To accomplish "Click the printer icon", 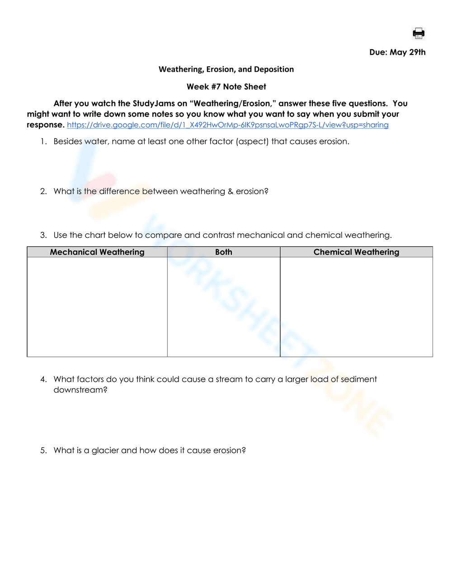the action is (x=419, y=33).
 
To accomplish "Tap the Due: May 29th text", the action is (x=397, y=52).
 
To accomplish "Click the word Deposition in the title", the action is (x=274, y=70).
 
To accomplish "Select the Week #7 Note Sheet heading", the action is (x=226, y=87).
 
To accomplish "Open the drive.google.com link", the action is (x=227, y=125).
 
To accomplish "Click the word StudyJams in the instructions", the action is (x=154, y=104).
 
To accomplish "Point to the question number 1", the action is (x=43, y=142).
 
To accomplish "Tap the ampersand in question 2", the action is (x=231, y=191).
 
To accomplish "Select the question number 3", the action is (x=43, y=235).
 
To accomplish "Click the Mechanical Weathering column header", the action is (x=97, y=252).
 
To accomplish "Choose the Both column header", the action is (x=224, y=252).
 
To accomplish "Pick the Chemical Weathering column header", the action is (x=356, y=252).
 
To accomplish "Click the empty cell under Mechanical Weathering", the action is (x=97, y=307).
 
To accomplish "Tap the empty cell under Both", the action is (x=224, y=307).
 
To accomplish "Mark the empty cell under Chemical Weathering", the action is (x=356, y=307).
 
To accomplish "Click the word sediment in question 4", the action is (x=358, y=380).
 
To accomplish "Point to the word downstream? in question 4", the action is (x=80, y=390).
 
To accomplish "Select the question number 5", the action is (x=43, y=450).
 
